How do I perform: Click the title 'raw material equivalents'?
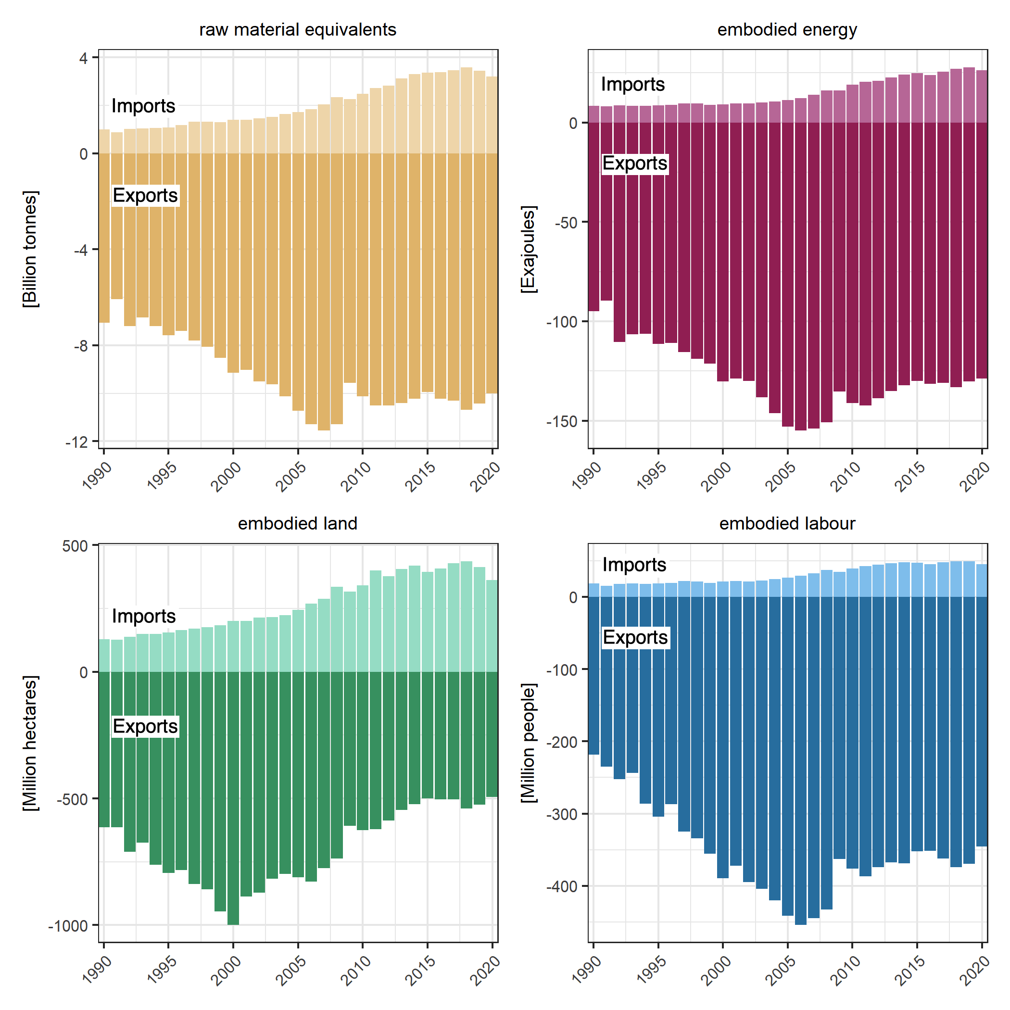click(x=297, y=30)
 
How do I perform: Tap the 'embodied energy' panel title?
click(x=787, y=30)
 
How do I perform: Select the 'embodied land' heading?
click(x=297, y=523)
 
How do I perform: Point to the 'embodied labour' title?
click(x=787, y=523)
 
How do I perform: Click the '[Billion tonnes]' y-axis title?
click(x=30, y=249)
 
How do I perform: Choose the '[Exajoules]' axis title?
click(x=529, y=249)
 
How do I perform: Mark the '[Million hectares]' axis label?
click(x=30, y=743)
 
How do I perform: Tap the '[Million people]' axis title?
click(x=529, y=743)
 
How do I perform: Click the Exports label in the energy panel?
click(x=635, y=164)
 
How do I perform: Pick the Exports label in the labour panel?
click(x=635, y=638)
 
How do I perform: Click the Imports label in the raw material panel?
click(x=143, y=106)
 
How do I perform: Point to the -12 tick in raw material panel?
click(x=76, y=443)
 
